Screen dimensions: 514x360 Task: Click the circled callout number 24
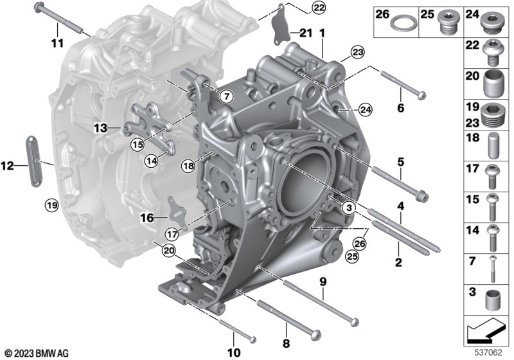[365, 110]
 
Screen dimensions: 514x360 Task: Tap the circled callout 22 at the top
[318, 8]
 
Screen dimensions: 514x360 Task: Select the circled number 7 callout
[227, 96]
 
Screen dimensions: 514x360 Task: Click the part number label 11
[57, 42]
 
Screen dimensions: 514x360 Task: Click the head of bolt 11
[39, 6]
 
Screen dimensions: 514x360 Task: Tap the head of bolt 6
[422, 95]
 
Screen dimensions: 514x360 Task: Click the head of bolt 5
[423, 197]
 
